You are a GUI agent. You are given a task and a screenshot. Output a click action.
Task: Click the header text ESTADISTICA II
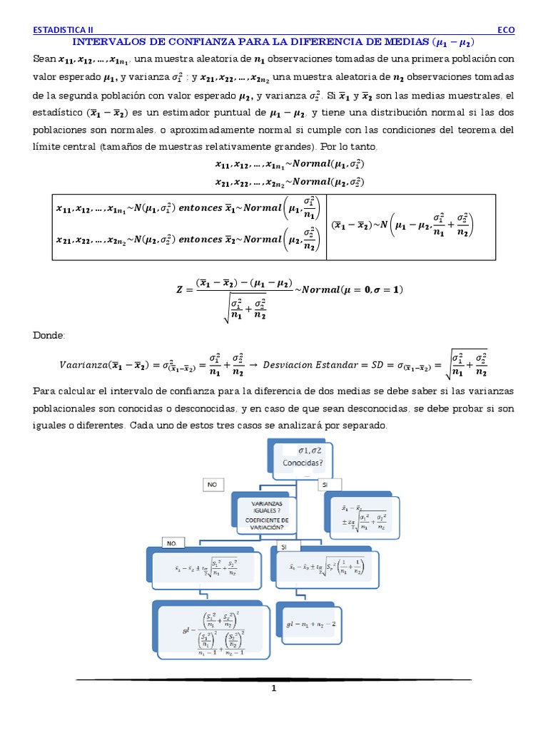click(x=64, y=30)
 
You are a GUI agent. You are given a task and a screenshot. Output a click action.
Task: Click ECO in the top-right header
click(x=505, y=30)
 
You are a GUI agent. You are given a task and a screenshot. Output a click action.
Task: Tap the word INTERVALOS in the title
click(x=108, y=42)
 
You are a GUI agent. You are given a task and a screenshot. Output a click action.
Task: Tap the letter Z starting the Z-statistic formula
click(x=179, y=290)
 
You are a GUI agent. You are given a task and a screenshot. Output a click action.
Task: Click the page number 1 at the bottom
click(x=273, y=689)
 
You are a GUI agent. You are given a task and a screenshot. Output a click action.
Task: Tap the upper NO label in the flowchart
click(x=211, y=484)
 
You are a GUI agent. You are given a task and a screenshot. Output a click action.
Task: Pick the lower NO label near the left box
click(x=171, y=543)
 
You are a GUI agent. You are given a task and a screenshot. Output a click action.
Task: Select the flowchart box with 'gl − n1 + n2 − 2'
click(x=312, y=622)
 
